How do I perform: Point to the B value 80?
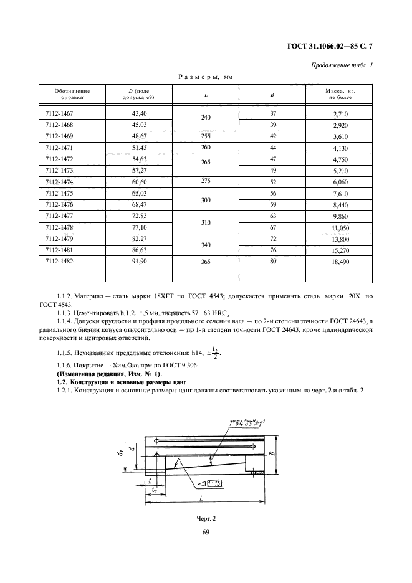[x=272, y=263]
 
